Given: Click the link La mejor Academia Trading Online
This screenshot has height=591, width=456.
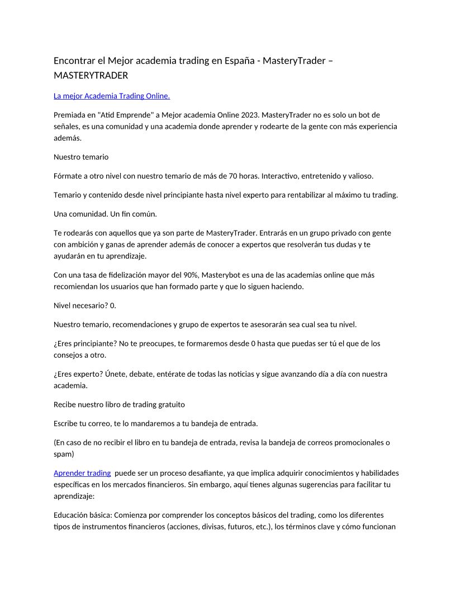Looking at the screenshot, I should pyautogui.click(x=112, y=96).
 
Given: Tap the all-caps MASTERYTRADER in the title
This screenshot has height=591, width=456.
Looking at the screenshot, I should pyautogui.click(x=91, y=75).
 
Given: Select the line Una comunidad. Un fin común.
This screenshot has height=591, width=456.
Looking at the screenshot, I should pyautogui.click(x=101, y=214).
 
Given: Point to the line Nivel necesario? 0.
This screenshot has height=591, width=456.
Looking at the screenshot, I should pyautogui.click(x=85, y=306).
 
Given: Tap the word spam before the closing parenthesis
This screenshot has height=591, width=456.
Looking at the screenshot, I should pyautogui.click(x=63, y=454).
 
